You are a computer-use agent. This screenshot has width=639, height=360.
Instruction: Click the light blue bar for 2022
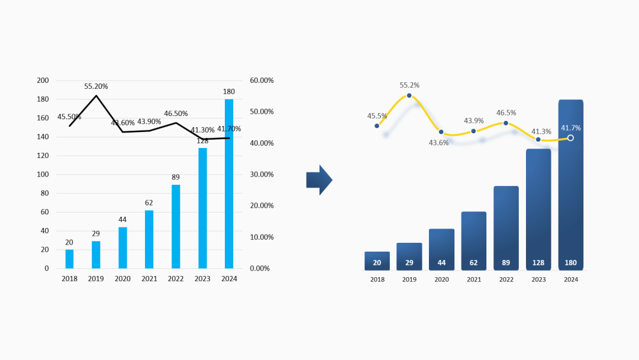pos(176,226)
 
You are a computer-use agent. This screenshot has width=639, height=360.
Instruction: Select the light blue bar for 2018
pos(69,259)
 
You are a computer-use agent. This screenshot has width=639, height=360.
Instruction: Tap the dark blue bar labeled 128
pos(538,210)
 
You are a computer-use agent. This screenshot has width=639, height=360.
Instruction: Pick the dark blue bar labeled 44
pos(441,249)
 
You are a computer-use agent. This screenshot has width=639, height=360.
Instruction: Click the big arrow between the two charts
pos(319,180)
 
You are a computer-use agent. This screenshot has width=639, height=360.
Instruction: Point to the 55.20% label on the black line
pos(96,86)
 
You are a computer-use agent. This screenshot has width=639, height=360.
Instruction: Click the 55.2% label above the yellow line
pos(409,85)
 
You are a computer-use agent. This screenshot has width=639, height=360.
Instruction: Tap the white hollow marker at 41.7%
pos(570,138)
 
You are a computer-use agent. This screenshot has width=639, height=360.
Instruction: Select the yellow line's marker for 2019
pos(409,96)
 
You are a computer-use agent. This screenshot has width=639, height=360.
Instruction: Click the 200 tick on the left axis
pos(43,81)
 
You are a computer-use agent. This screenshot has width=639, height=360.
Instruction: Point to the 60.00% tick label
pos(262,81)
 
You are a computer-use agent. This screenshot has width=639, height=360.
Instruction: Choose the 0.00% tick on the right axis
pos(260,268)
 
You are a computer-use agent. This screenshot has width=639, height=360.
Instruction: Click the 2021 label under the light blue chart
pos(149,279)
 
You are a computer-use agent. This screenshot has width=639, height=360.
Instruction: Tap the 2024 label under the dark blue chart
pos(570,279)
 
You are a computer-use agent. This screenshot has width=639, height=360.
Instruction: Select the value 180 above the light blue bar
pos(229,92)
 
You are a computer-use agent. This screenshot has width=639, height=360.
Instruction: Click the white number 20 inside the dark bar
pos(377,263)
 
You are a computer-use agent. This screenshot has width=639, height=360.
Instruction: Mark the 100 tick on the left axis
pos(43,175)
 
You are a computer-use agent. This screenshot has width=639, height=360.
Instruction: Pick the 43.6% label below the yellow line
pos(438,143)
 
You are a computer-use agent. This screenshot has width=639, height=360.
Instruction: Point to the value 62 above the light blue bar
pos(149,203)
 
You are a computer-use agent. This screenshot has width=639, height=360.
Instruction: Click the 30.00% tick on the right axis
pos(262,175)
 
